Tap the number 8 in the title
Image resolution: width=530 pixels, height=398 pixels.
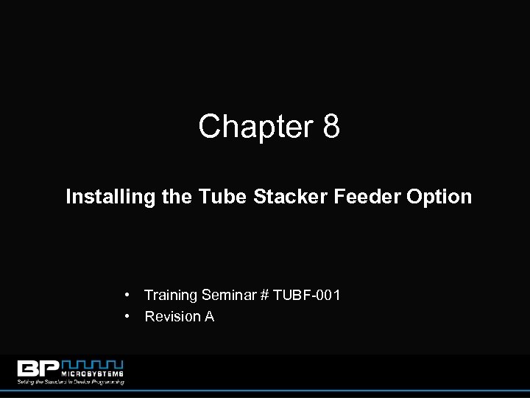click(x=331, y=127)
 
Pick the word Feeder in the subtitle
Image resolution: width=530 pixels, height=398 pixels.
click(x=335, y=197)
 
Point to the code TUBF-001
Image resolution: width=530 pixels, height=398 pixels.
click(x=306, y=296)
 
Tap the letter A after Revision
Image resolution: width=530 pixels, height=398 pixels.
click(x=210, y=317)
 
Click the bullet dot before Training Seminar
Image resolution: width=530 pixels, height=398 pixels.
click(x=128, y=295)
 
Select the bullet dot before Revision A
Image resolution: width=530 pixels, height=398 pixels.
click(x=128, y=316)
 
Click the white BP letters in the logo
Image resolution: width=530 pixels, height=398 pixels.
click(x=40, y=369)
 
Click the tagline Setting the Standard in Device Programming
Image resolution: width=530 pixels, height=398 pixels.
click(x=71, y=381)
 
